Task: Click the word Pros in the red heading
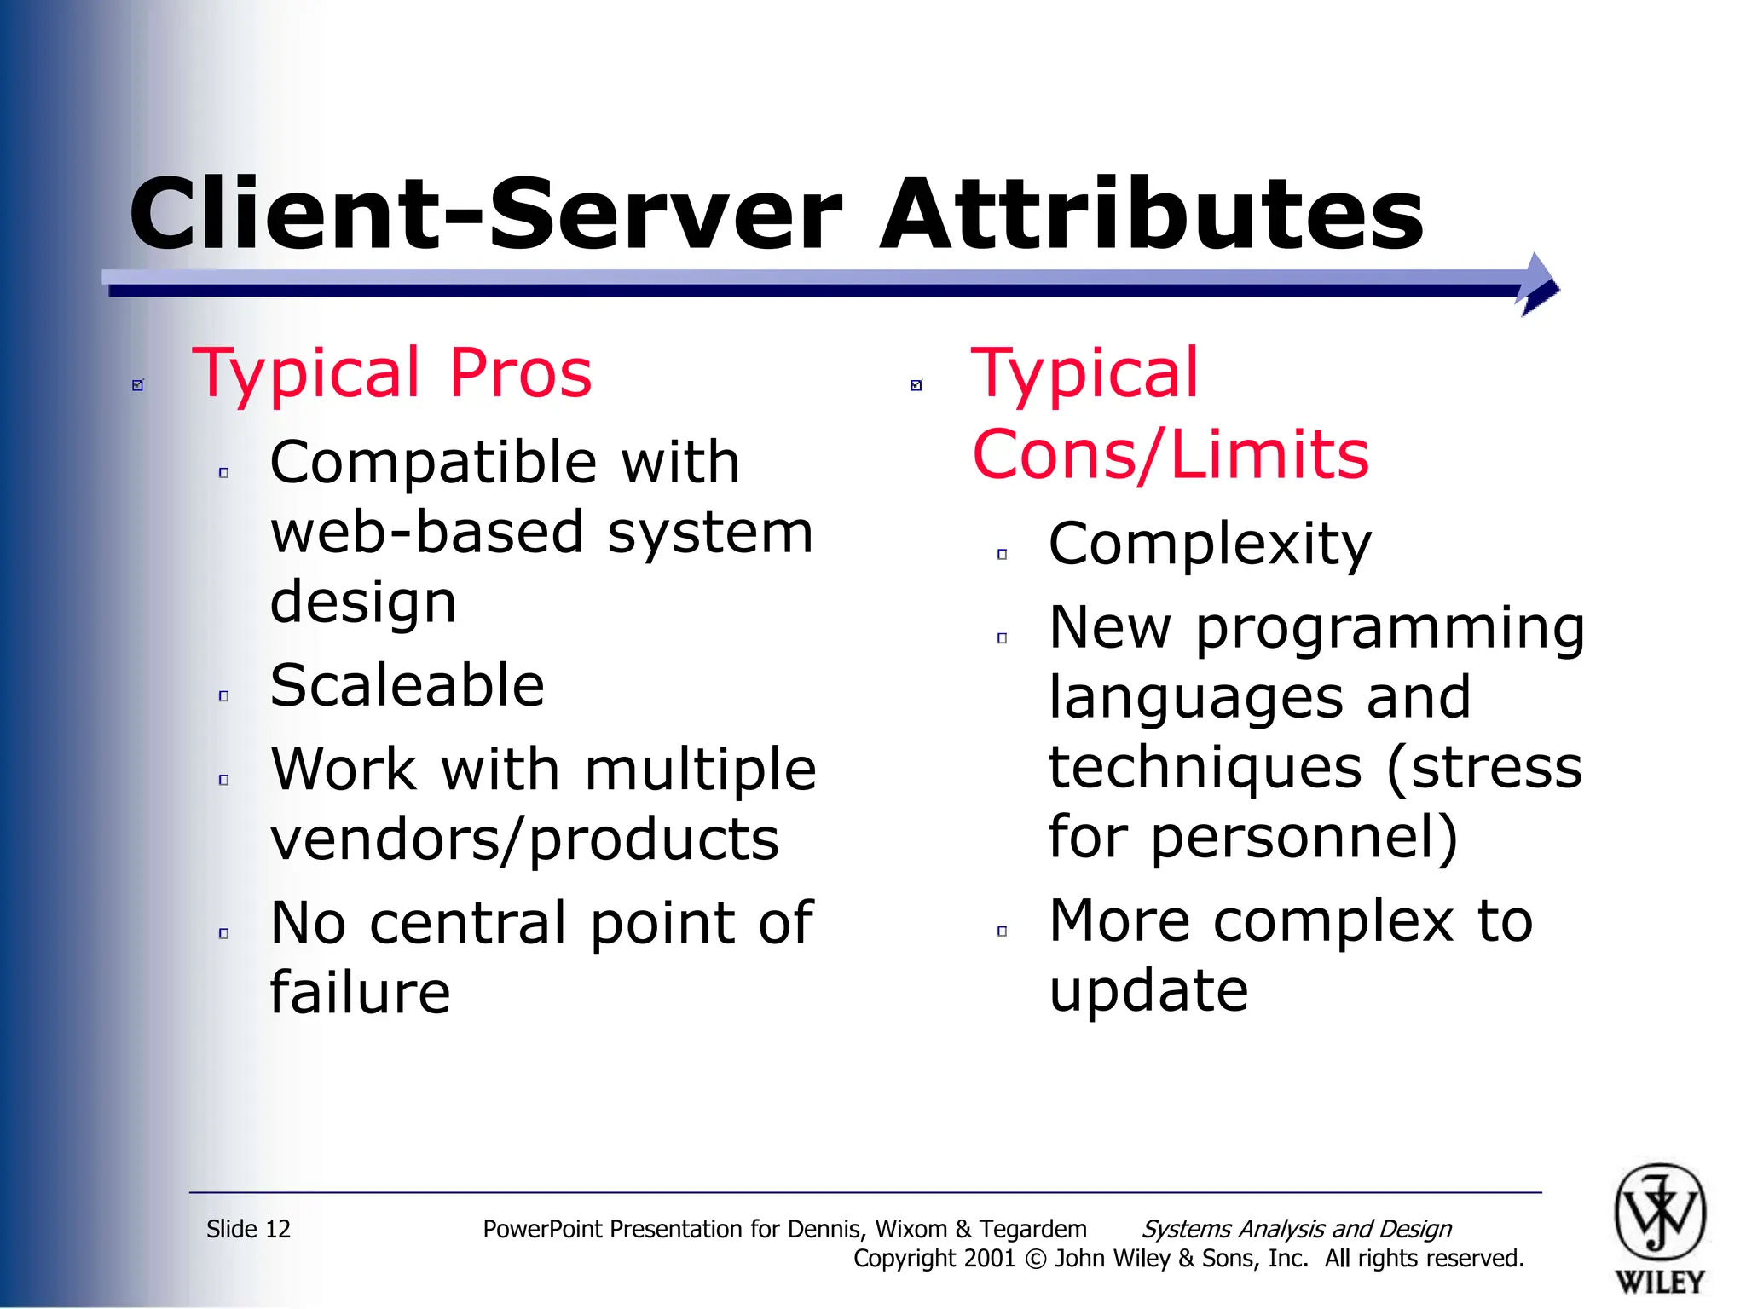(520, 373)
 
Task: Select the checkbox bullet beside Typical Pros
(138, 385)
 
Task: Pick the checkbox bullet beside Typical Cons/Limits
(916, 385)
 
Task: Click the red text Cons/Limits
(1170, 454)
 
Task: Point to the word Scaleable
(407, 685)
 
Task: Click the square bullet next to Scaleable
(223, 696)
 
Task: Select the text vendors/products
(524, 839)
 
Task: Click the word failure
(360, 993)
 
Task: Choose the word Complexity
(1209, 544)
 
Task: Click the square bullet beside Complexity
(1002, 555)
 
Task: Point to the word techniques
(1205, 767)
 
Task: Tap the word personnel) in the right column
(1304, 837)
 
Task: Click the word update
(1148, 991)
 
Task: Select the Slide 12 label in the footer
(248, 1229)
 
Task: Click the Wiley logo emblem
(1659, 1214)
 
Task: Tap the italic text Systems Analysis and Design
(1296, 1229)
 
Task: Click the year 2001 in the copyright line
(989, 1259)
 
